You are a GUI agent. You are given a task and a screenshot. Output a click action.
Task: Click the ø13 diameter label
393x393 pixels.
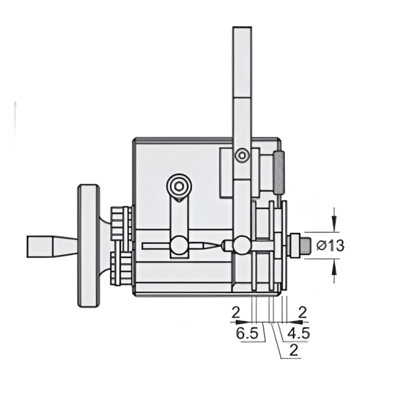[330, 245]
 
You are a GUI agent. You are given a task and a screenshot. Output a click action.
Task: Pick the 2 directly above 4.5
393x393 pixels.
[303, 313]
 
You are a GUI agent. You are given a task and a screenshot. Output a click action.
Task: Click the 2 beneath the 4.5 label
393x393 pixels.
[294, 350]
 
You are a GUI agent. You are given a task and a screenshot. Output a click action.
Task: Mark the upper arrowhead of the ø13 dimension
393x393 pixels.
[334, 227]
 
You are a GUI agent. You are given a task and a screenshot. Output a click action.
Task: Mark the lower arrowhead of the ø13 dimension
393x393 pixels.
[334, 264]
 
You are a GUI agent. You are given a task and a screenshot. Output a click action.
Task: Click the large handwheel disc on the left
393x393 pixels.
[88, 245]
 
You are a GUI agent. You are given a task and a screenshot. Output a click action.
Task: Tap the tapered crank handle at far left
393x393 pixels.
[50, 246]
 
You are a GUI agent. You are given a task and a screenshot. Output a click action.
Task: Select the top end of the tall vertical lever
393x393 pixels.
[243, 32]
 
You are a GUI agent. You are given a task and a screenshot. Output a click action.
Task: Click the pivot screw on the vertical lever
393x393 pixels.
[243, 156]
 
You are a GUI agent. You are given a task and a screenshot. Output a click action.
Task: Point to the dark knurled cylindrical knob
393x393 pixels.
[279, 171]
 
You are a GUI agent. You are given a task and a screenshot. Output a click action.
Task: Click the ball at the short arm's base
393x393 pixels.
[179, 245]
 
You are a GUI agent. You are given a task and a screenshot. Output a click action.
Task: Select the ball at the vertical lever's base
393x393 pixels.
[243, 245]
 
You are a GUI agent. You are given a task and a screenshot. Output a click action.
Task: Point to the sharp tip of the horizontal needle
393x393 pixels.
[218, 245]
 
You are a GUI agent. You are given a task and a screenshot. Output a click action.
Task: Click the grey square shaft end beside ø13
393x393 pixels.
[305, 245]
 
